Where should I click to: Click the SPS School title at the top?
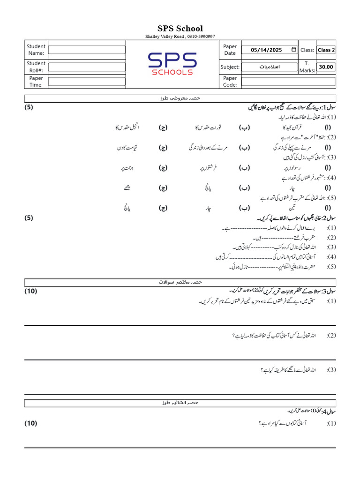click(180, 29)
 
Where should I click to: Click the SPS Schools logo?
click(172, 64)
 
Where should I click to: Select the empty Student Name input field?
click(87, 50)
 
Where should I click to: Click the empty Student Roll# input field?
click(87, 67)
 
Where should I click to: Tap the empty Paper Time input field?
click(87, 82)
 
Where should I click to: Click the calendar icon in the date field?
click(293, 50)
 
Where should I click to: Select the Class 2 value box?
click(326, 50)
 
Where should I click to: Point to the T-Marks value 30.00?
click(326, 67)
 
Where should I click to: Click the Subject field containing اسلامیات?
click(269, 67)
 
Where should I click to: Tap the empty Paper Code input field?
click(288, 82)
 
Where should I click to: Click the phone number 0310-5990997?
click(201, 37)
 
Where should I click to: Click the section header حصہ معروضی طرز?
click(180, 98)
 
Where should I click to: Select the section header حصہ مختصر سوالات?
click(180, 282)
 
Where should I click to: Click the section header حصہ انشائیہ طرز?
click(180, 403)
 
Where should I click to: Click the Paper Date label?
click(230, 50)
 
